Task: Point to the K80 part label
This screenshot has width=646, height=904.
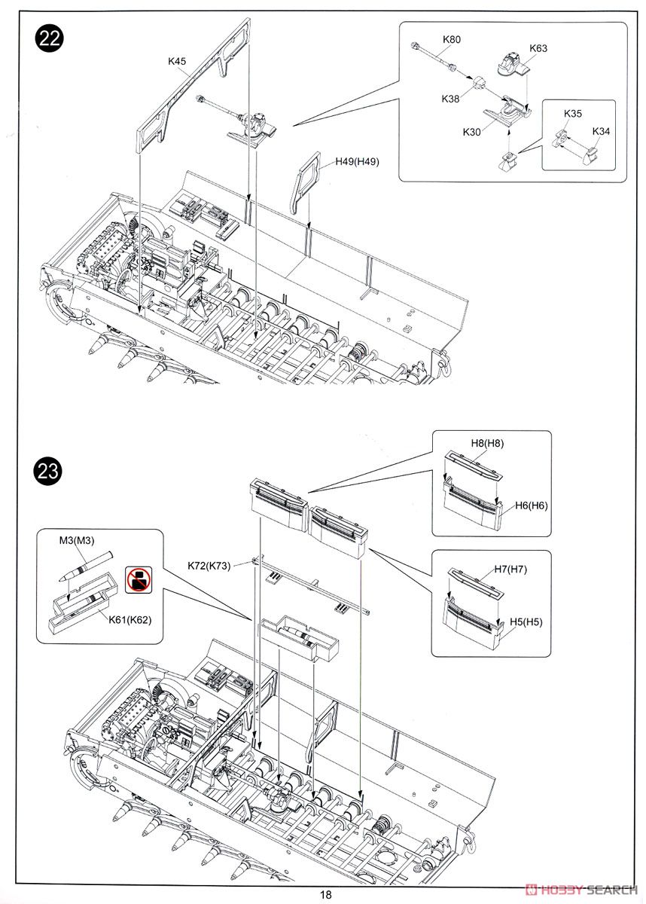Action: [x=453, y=38]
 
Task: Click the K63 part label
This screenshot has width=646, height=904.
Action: [x=538, y=48]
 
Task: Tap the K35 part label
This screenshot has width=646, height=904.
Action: [x=573, y=114]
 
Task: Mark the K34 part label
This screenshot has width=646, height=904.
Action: [x=601, y=131]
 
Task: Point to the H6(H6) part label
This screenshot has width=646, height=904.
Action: [x=532, y=505]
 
